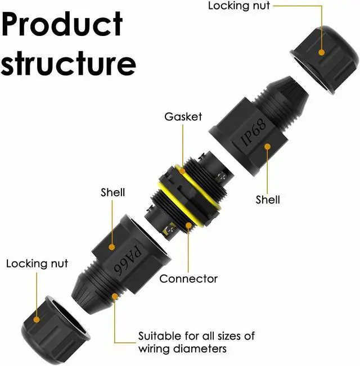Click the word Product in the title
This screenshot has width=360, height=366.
(62, 24)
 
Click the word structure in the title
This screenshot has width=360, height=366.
(69, 63)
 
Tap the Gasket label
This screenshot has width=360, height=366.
(183, 117)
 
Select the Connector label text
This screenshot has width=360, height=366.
(188, 279)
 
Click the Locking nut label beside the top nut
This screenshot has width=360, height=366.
(239, 6)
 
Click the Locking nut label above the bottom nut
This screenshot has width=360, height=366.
(37, 264)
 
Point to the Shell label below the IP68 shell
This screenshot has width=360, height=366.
(268, 200)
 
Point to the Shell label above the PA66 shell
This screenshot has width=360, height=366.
(112, 192)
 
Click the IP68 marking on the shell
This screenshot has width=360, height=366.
(253, 132)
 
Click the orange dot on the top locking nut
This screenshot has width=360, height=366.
(322, 52)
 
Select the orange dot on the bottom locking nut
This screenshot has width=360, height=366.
(37, 319)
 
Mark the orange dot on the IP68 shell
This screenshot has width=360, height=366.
(268, 147)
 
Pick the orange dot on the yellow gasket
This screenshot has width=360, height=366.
(183, 171)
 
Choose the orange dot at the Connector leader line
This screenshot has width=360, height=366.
(188, 225)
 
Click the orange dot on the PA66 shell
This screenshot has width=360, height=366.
(112, 247)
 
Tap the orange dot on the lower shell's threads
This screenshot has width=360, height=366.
(115, 296)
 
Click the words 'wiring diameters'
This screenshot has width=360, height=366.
(182, 349)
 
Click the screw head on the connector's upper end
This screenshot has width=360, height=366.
(220, 177)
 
